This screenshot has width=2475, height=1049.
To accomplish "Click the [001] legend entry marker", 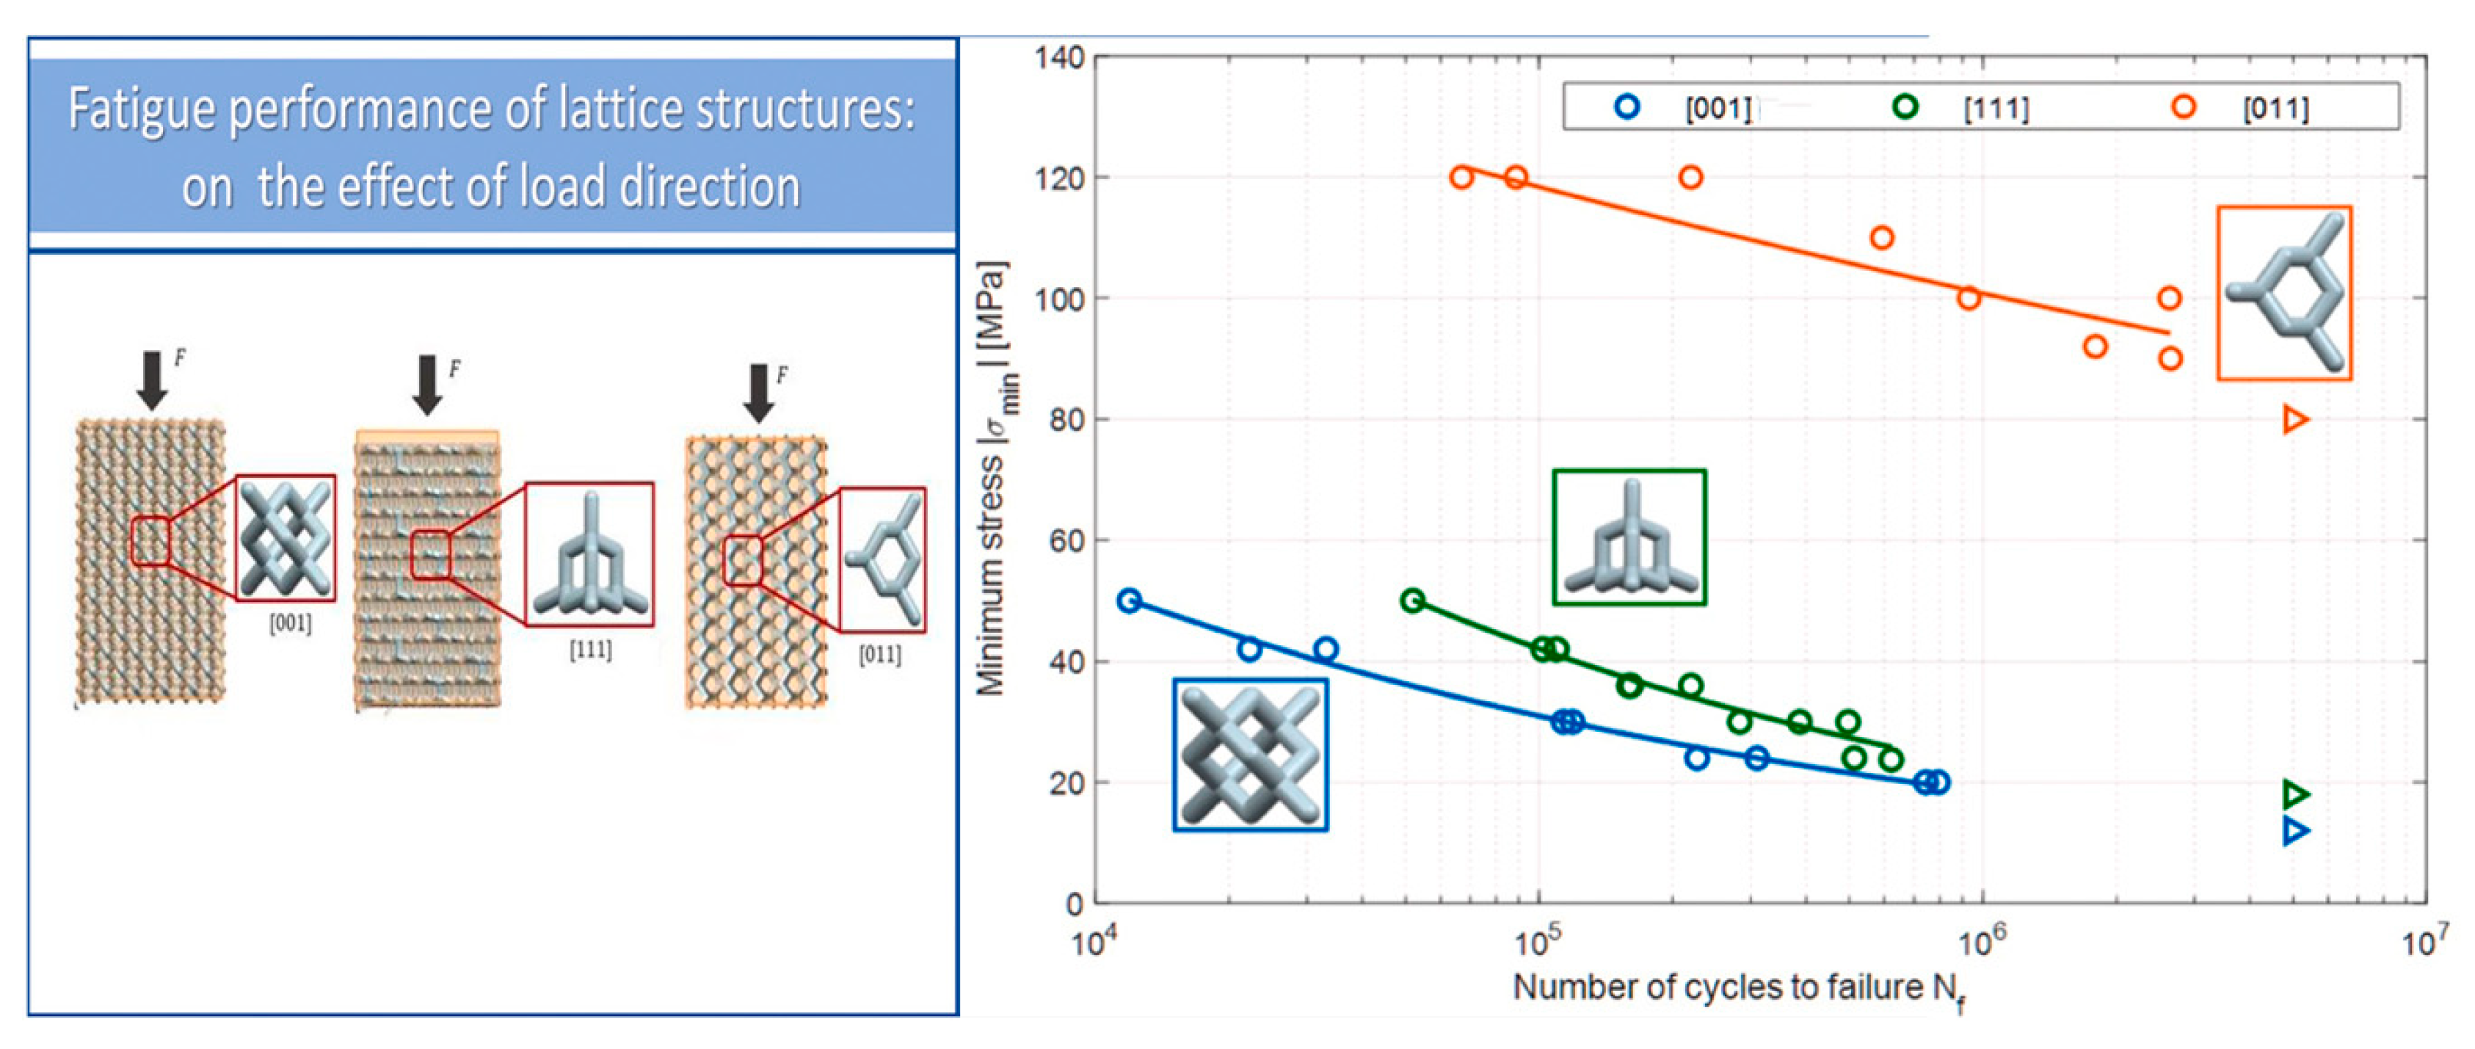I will coord(1627,106).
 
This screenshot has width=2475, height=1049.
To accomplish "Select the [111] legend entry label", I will coord(1996,109).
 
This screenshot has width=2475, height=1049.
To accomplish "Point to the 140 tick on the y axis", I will coord(1060,59).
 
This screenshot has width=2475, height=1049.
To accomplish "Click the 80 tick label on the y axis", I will coord(1060,420).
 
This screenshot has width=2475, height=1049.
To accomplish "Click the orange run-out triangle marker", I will coord(2295,420).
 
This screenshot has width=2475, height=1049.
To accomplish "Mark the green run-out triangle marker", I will coord(2295,794).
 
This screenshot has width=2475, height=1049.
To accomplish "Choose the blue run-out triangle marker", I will coord(2295,831).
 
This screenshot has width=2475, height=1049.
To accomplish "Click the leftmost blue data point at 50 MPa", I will coord(1130,600).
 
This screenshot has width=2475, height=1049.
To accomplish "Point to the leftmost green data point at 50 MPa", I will coord(1412,600).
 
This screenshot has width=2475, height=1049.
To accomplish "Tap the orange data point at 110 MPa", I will coord(1882,237).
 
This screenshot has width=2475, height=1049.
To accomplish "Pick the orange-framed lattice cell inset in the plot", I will coord(2284,293).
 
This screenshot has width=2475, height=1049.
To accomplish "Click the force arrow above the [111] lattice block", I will coord(428,383).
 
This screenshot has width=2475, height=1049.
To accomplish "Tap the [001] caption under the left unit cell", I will coord(290,623).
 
